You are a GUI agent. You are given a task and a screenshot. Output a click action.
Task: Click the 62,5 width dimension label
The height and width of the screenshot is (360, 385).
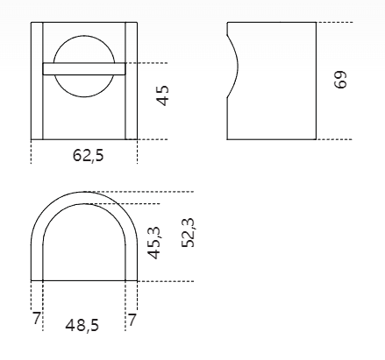coord(88,155)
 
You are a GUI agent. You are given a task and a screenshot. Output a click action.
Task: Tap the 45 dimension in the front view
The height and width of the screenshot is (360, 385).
coord(163,95)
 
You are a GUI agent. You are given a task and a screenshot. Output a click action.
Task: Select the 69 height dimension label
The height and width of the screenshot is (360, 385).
coord(340,79)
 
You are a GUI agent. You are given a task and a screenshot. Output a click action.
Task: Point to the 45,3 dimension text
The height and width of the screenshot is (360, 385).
coord(154,243)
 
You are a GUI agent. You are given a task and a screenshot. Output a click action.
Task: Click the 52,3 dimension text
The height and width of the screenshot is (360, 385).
coord(188,233)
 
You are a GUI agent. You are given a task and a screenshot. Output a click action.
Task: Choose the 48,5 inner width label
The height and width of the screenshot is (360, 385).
coord(82,325)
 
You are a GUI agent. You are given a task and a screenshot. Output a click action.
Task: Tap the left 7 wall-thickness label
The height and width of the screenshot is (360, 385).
coord(36,318)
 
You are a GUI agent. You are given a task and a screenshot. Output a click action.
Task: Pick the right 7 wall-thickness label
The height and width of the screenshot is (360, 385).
coord(132,320)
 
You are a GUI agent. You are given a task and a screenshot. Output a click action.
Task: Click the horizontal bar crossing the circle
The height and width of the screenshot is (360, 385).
coord(84,69)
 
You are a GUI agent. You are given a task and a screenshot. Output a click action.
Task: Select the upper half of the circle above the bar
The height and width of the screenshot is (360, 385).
coord(84,36)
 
